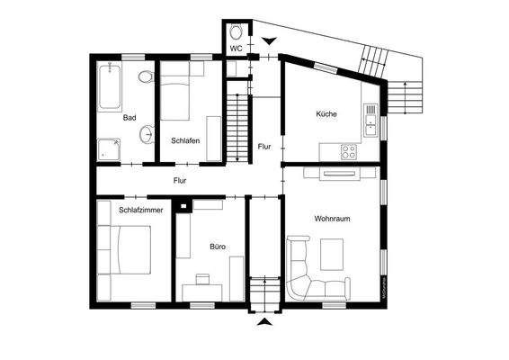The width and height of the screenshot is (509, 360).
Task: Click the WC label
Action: (x=235, y=48)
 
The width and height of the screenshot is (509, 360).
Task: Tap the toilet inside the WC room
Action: (x=236, y=28)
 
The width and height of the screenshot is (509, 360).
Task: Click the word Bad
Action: (x=130, y=117)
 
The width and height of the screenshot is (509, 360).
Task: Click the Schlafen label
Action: (x=185, y=139)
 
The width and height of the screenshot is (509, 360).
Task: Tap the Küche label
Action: (x=326, y=114)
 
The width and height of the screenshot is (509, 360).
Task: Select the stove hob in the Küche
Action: (x=346, y=151)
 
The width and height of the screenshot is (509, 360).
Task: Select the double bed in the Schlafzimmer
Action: (x=126, y=249)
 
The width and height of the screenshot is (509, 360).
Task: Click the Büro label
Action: (x=218, y=246)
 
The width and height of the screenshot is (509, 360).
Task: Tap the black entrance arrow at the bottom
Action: (x=264, y=321)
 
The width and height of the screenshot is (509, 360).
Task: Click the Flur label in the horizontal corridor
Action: (x=181, y=180)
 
